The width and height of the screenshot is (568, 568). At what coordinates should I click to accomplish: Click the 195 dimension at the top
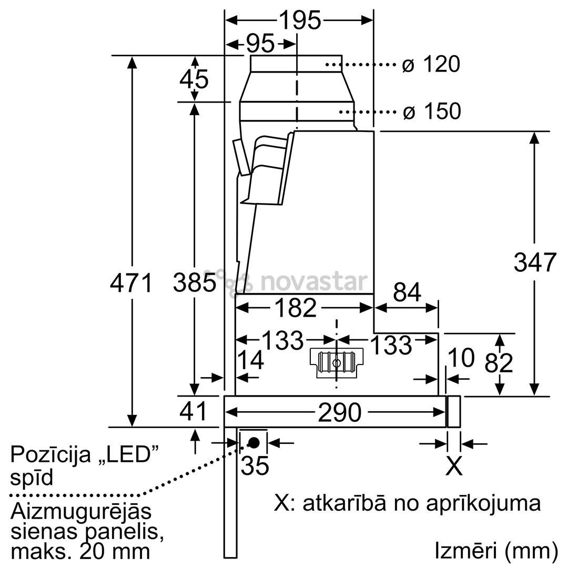(299, 21)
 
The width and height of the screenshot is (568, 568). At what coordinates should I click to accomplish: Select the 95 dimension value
(260, 44)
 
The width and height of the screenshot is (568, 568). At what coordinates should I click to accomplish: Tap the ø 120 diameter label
(431, 65)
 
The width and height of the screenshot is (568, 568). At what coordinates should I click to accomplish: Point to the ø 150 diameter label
(431, 111)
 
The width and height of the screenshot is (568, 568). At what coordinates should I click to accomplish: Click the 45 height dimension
(194, 79)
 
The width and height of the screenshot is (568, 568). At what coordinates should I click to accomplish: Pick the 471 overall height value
(131, 283)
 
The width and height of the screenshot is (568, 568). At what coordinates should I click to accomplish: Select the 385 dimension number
(195, 283)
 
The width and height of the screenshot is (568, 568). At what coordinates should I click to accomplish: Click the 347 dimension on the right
(534, 262)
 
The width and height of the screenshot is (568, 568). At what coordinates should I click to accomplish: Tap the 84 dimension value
(407, 292)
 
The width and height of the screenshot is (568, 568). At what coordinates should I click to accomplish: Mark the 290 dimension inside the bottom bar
(339, 413)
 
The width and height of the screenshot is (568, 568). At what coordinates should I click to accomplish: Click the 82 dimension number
(499, 362)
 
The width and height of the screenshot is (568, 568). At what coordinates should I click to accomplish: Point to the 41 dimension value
(194, 411)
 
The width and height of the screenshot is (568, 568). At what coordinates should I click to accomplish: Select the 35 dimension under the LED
(255, 465)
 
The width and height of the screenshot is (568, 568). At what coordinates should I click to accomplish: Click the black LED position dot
(253, 442)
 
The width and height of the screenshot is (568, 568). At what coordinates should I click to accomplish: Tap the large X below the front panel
(454, 466)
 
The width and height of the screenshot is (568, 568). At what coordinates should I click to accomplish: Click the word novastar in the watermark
(313, 282)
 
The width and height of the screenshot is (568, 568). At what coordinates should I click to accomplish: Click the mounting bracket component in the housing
(336, 362)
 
